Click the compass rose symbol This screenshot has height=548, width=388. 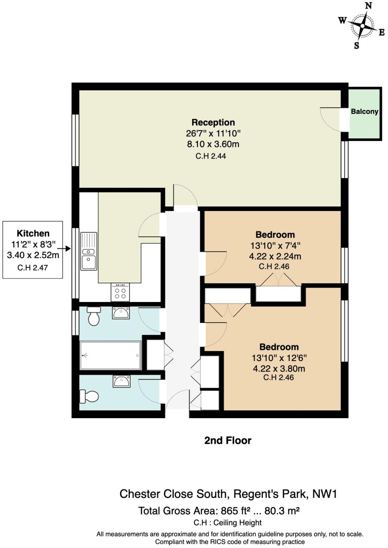click(x=362, y=26)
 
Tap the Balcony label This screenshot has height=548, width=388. click(x=364, y=112)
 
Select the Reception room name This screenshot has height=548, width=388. click(x=213, y=122)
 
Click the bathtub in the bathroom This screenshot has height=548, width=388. click(x=110, y=355)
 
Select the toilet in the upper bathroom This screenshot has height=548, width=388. click(x=94, y=316)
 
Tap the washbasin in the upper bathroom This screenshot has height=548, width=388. click(x=121, y=313)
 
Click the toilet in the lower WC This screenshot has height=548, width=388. click(x=89, y=396)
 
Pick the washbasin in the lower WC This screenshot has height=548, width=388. click(x=122, y=381)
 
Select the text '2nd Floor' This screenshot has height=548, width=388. click(x=228, y=440)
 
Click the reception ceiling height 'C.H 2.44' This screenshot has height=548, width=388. click(x=211, y=156)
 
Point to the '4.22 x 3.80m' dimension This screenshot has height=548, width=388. click(x=279, y=368)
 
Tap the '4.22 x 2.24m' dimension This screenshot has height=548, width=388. click(x=275, y=256)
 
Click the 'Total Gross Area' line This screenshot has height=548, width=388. click(x=218, y=511)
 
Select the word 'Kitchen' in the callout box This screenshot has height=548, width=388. click(x=33, y=233)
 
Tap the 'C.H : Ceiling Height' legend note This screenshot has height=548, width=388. click(x=227, y=523)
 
